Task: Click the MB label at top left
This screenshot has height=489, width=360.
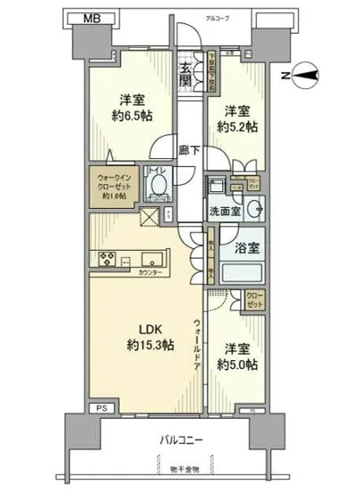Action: click(80, 18)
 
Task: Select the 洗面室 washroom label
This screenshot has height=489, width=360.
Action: click(226, 213)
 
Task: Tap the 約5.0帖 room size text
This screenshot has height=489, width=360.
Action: click(238, 365)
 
